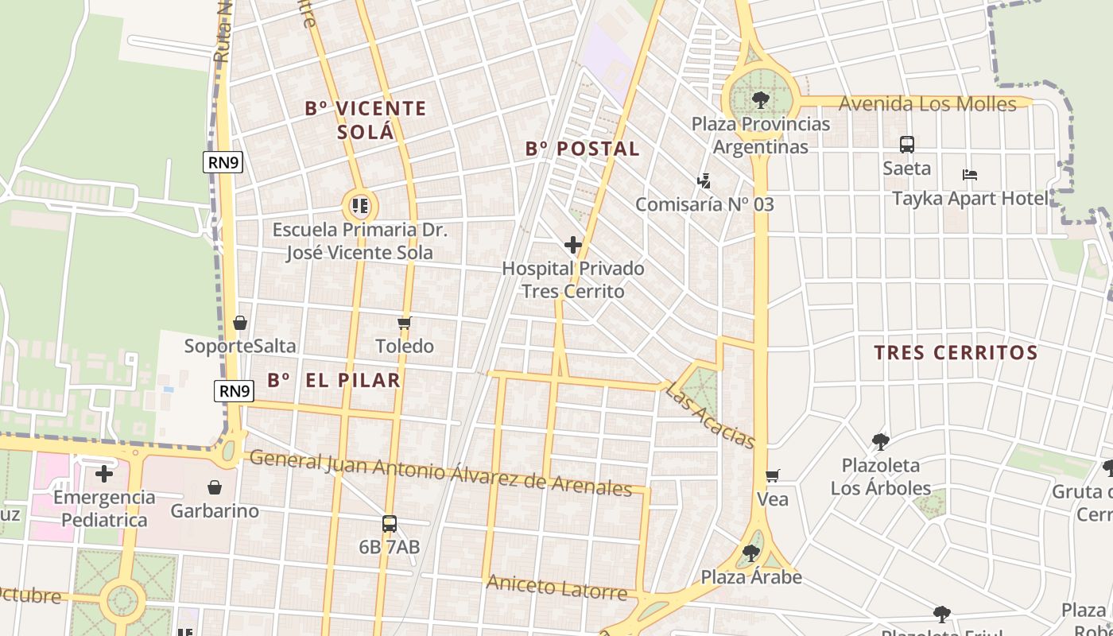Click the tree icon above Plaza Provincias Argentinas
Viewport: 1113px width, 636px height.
coord(760,100)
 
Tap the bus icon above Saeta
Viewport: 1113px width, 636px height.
coord(906,145)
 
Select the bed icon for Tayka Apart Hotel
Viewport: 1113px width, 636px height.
coord(969,175)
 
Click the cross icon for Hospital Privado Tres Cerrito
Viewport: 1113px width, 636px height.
coord(572,245)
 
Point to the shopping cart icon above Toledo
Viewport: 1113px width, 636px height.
coord(404,323)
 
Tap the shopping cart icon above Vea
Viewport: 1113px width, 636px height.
coord(772,476)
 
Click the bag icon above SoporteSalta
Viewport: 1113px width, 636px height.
coord(240,323)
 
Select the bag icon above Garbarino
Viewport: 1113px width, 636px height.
coord(214,487)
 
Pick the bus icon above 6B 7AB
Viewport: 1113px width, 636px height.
coord(389,524)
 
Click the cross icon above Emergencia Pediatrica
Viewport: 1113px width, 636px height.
coord(103,475)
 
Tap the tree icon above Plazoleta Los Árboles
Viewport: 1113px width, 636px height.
coord(880,441)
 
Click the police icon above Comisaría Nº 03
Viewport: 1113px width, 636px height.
coord(704,181)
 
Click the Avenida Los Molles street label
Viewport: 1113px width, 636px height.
coord(927,104)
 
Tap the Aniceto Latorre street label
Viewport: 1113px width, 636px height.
coord(556,588)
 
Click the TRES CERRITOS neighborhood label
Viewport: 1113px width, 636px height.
coord(956,353)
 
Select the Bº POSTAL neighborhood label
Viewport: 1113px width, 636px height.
coord(582,149)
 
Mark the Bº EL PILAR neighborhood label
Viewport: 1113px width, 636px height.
coord(334,380)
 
